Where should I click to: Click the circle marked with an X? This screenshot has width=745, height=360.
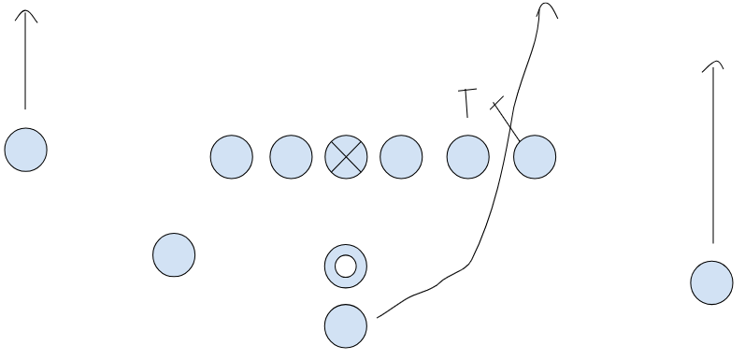click(346, 156)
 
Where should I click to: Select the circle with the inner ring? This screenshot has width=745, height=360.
click(346, 266)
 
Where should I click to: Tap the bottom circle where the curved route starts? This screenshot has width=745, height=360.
click(346, 325)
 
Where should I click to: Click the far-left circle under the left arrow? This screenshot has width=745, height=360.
click(25, 150)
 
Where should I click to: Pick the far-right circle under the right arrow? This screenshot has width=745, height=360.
click(711, 282)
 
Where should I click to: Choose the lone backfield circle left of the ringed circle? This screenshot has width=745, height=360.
click(174, 255)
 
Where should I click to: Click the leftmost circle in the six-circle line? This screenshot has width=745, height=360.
click(231, 156)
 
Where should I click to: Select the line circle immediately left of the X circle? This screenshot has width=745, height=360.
click(291, 156)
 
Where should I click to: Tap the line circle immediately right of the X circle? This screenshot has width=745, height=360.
click(401, 156)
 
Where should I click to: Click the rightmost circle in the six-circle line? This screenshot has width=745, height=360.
click(535, 156)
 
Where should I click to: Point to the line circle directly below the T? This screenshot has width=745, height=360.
click(468, 156)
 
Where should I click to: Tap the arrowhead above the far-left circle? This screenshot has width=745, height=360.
click(25, 16)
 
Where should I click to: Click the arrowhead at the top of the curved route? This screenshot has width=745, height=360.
click(547, 8)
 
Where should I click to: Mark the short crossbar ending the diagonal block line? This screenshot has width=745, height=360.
click(497, 103)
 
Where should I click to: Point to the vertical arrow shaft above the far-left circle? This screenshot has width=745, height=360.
click(25, 65)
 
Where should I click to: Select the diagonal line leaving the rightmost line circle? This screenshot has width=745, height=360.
click(509, 122)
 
